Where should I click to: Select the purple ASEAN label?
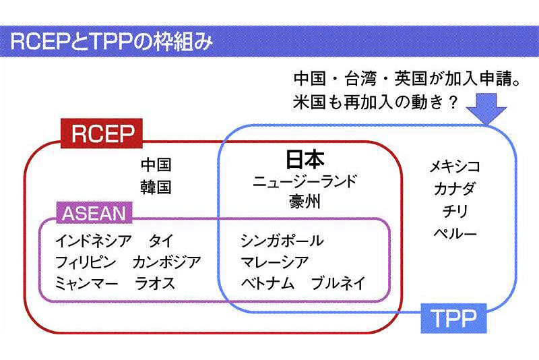(x=94, y=214)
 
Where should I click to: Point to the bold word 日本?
(x=305, y=160)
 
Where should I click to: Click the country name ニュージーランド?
(x=305, y=181)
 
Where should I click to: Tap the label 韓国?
(x=156, y=186)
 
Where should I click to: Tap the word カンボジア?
(x=166, y=262)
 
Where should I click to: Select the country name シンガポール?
(x=282, y=241)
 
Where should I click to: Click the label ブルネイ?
(x=339, y=283)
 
